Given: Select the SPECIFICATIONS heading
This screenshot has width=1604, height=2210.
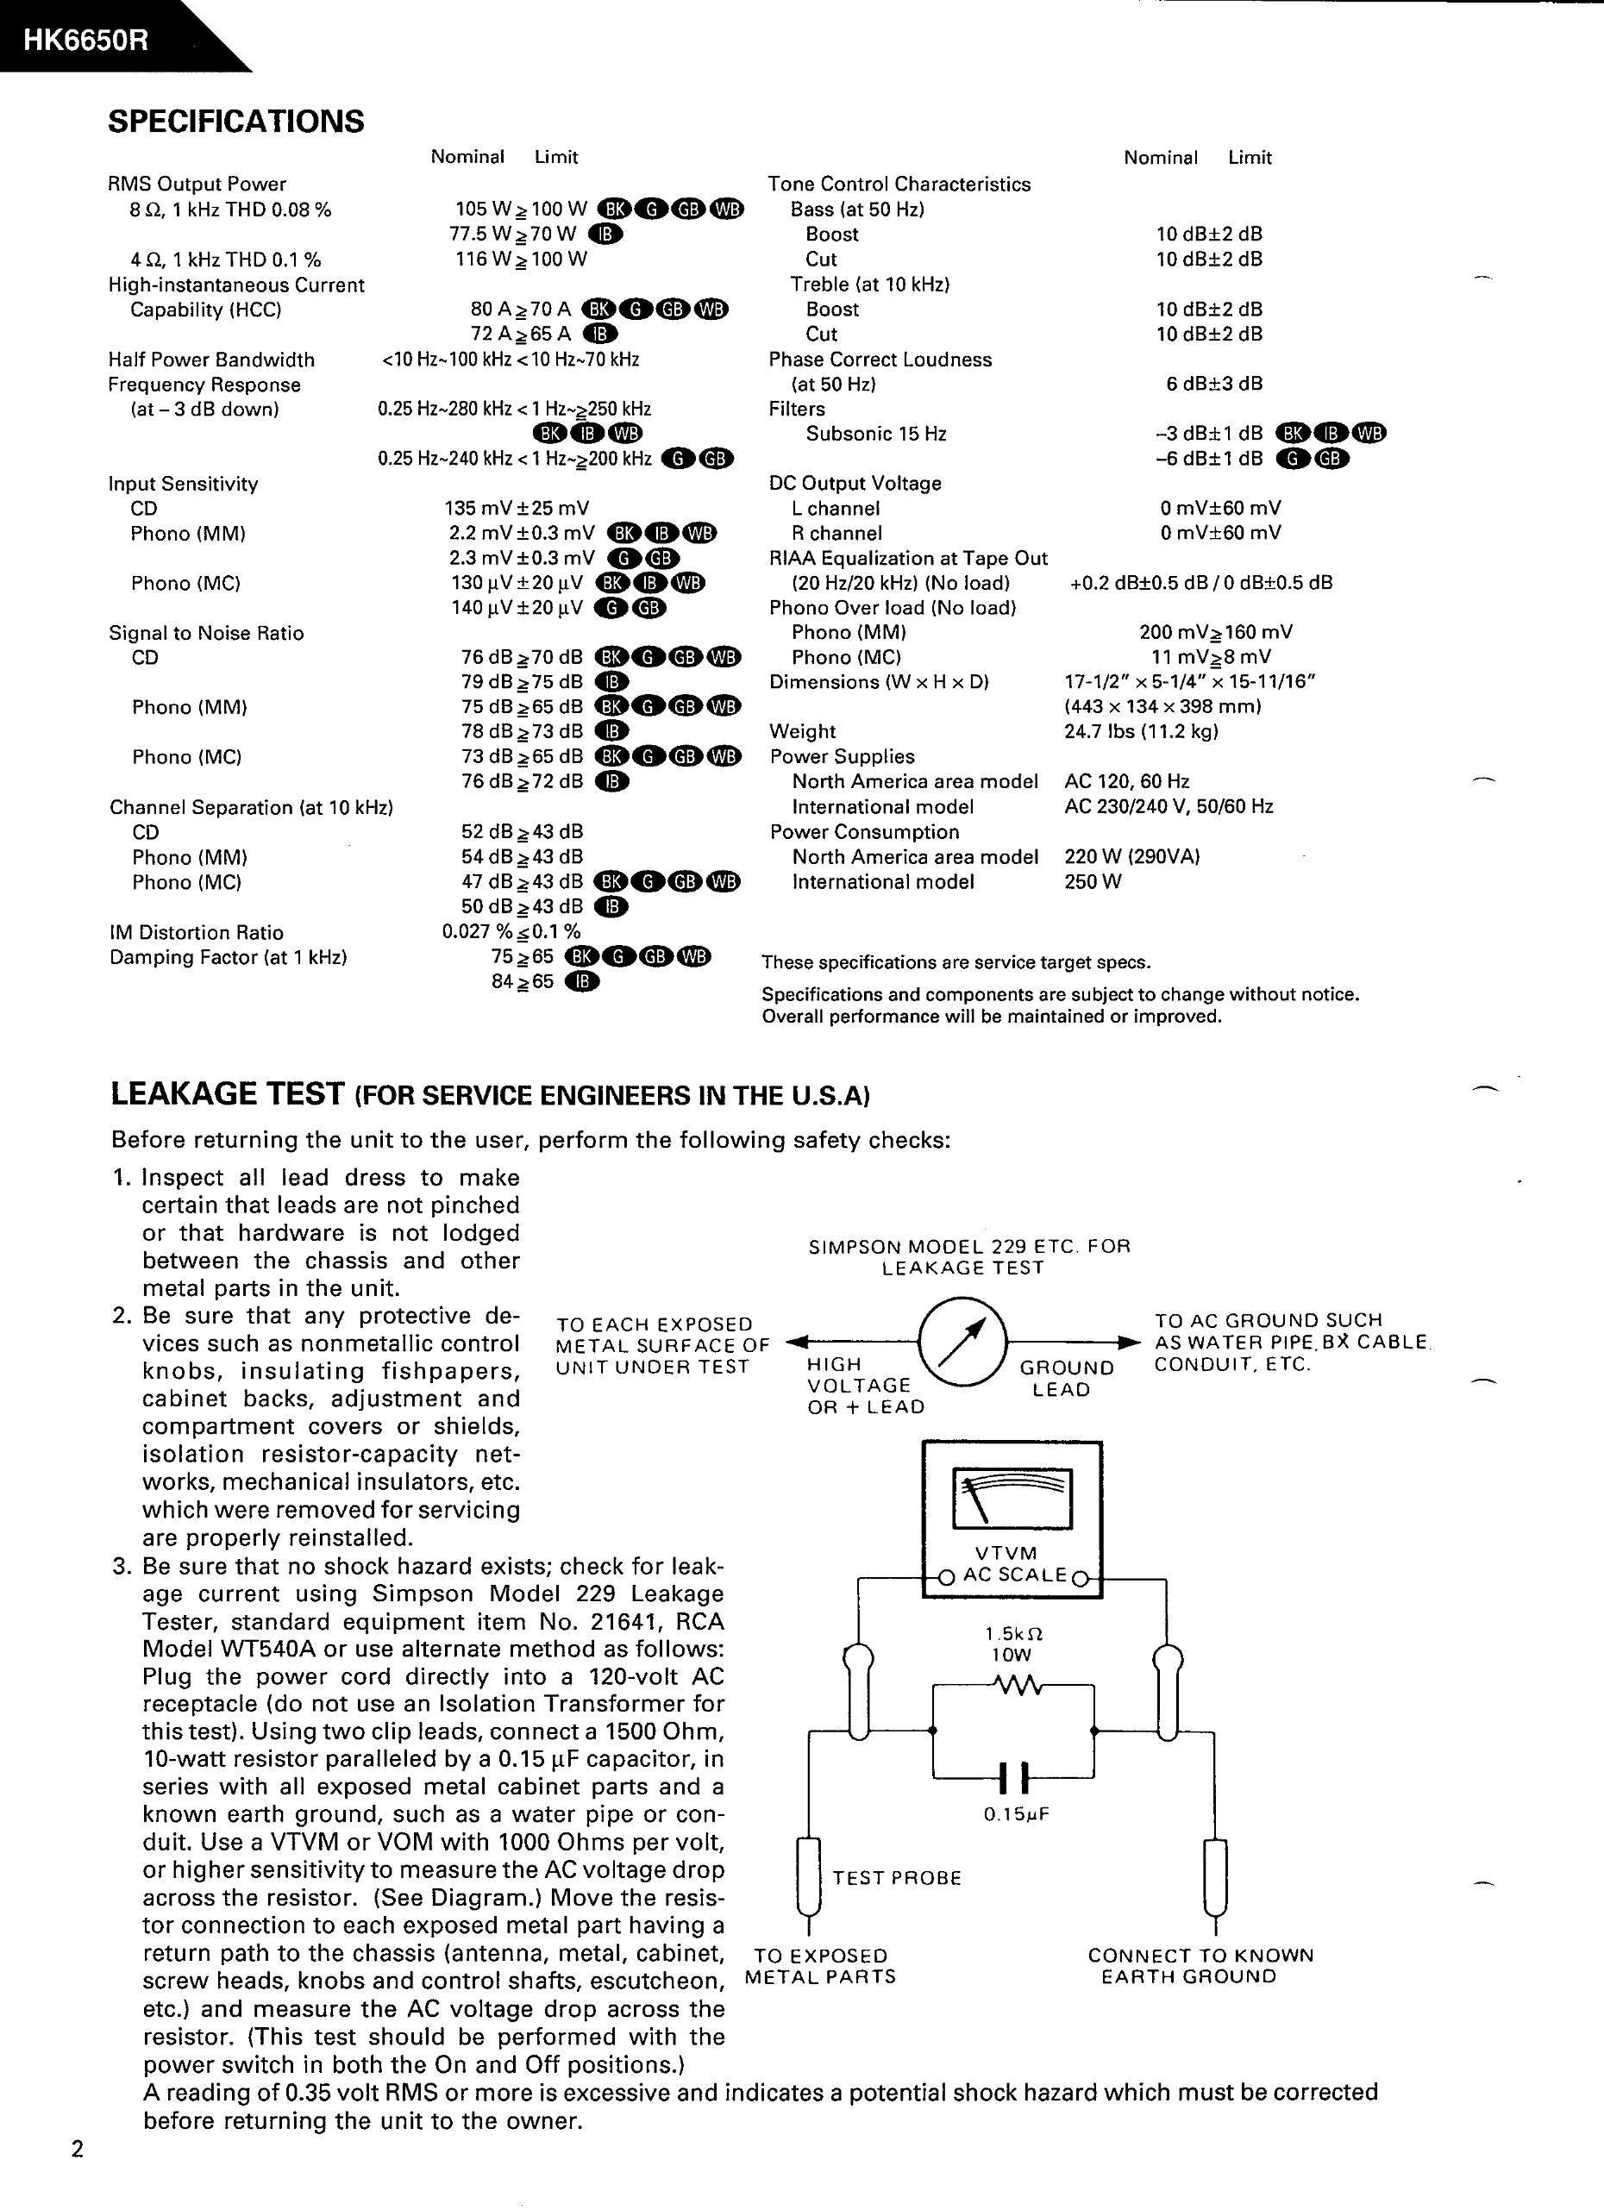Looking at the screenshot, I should (235, 122).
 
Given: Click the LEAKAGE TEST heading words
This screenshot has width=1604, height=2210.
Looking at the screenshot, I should (228, 1093).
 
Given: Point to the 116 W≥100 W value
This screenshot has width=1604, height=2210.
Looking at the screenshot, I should (522, 260).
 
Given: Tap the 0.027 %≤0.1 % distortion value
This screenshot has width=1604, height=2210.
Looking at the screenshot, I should (511, 931).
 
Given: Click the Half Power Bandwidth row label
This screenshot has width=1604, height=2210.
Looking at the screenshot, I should (211, 360).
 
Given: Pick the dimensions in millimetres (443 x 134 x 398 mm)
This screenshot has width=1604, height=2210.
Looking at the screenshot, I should (1162, 706).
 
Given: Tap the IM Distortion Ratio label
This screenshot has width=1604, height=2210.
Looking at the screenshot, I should (196, 932).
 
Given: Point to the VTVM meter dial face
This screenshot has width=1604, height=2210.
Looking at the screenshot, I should (1012, 1499).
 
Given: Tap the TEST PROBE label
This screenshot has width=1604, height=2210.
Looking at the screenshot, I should (897, 1878).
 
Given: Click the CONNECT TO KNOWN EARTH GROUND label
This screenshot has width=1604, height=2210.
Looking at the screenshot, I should (1200, 1966).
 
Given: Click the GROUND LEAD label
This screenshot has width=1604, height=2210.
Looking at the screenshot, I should (1066, 1379).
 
